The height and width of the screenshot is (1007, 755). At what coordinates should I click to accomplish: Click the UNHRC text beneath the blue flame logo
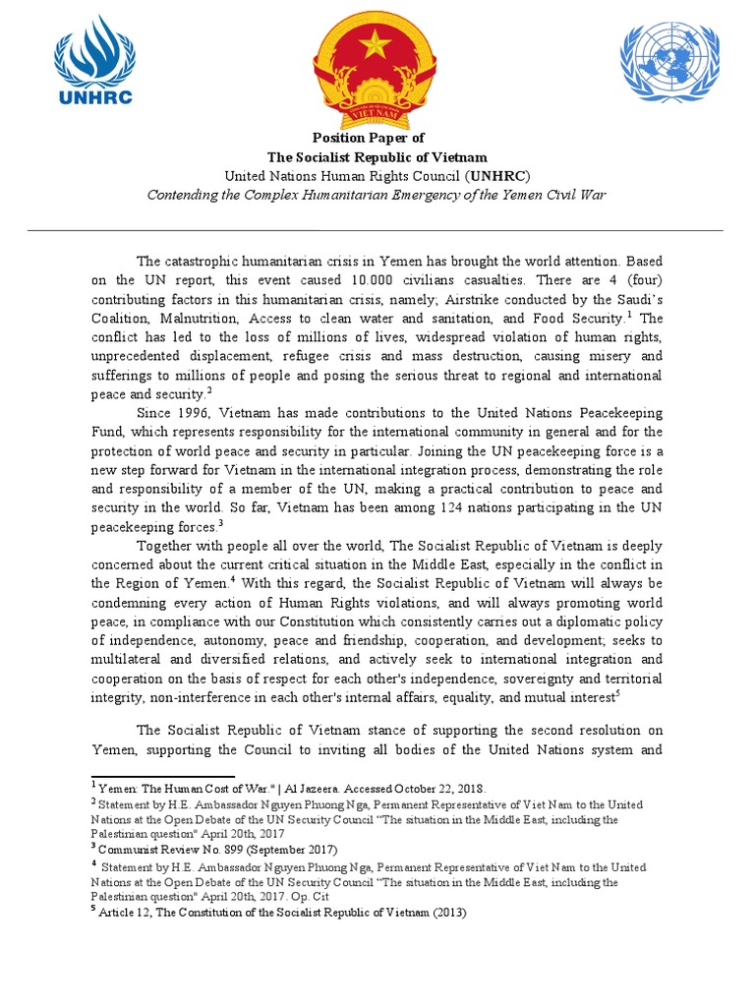(x=94, y=96)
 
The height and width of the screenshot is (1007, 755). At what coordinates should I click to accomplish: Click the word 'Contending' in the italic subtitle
(x=180, y=195)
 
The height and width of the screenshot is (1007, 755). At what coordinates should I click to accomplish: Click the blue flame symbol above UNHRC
(x=93, y=53)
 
